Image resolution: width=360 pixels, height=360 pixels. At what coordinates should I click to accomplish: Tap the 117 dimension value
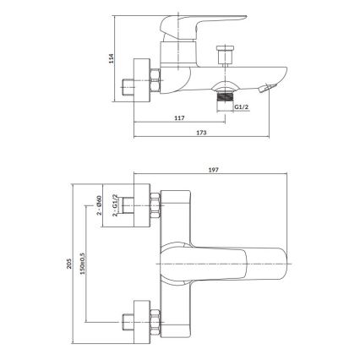[x=178, y=118]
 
